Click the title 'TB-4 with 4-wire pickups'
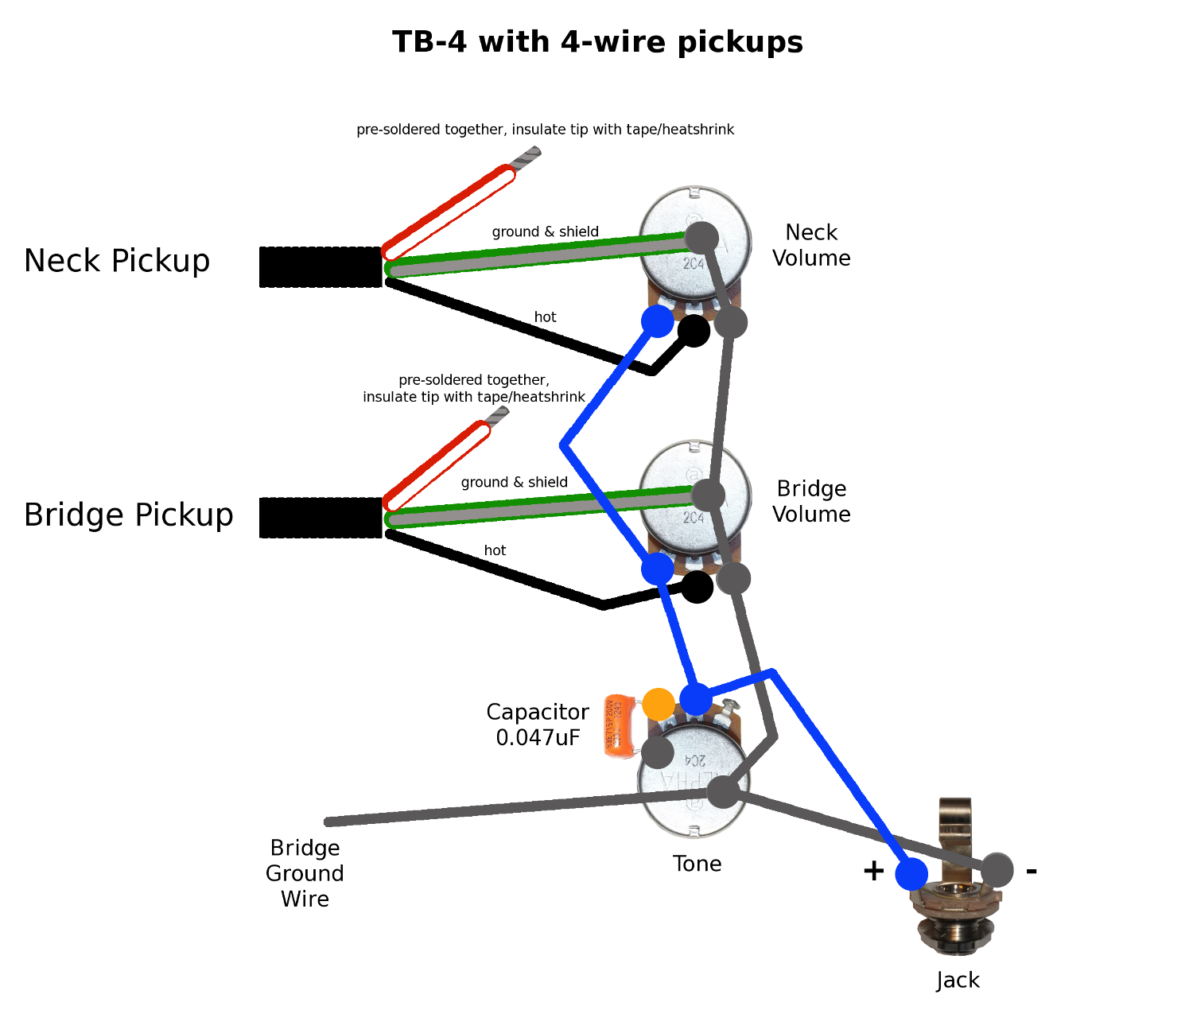tap(597, 42)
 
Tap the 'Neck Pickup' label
tap(117, 261)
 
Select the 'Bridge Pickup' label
tap(129, 515)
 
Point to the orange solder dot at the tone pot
tap(659, 704)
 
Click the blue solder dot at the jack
tap(911, 874)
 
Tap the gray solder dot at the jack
tap(997, 870)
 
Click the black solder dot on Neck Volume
tap(694, 331)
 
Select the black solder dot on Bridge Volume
tap(698, 587)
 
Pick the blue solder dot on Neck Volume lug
tap(658, 321)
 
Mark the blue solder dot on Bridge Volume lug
tap(658, 568)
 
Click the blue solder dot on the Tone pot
tap(696, 700)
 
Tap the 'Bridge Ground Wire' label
tap(305, 873)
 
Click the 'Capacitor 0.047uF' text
tap(538, 725)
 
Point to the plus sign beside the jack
tap(873, 871)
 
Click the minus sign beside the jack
tap(1032, 871)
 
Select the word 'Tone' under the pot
tap(697, 864)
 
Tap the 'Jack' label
tap(958, 981)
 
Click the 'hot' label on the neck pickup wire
tap(545, 317)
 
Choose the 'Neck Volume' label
tap(811, 245)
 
